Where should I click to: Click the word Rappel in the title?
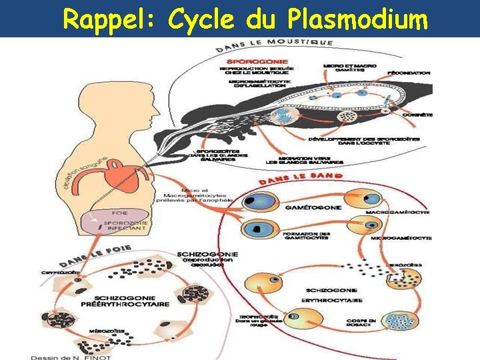coord(107,19)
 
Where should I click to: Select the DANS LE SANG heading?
coord(300,178)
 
